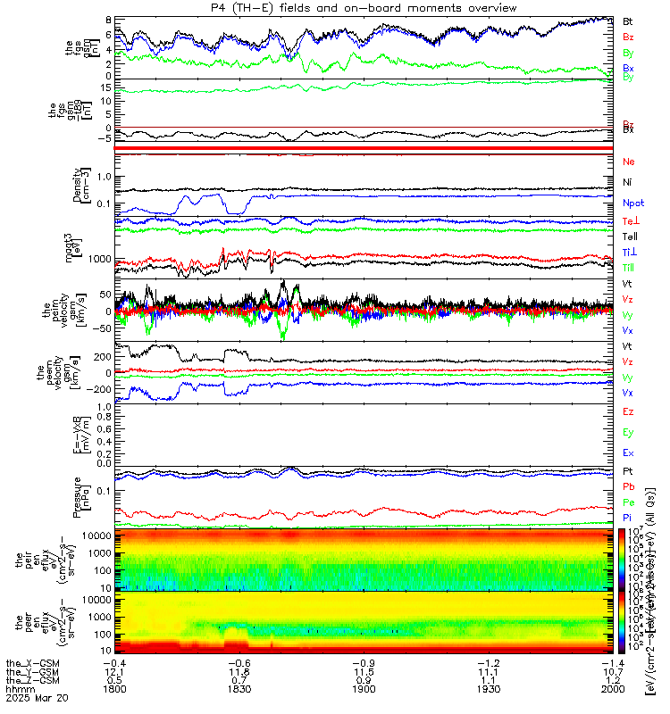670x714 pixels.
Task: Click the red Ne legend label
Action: click(x=628, y=162)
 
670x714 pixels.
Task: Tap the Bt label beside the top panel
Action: click(x=628, y=20)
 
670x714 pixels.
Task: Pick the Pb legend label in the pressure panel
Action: click(x=628, y=487)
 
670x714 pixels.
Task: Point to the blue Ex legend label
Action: click(x=628, y=453)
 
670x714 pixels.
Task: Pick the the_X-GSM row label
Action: click(x=31, y=662)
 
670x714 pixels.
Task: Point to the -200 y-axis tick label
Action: click(x=100, y=390)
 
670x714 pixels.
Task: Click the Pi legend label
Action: click(x=628, y=519)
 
